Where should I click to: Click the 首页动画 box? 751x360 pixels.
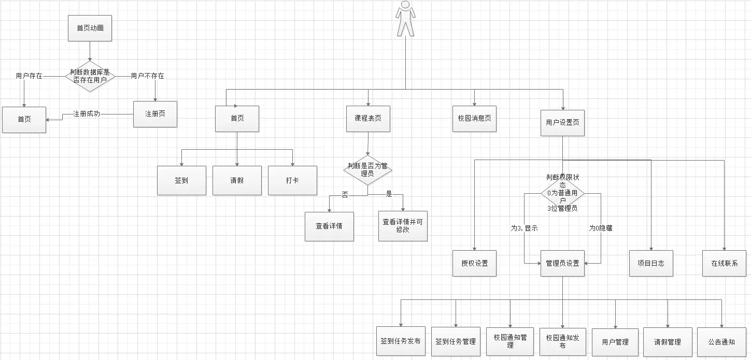coord(90,28)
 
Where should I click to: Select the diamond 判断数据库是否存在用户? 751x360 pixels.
coord(90,76)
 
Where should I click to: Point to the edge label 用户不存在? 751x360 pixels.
coord(147,76)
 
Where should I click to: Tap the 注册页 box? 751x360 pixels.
coord(155,114)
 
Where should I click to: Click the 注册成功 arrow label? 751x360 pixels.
coord(87,114)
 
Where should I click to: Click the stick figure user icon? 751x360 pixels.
coord(405,19)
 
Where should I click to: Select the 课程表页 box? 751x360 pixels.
coord(368,119)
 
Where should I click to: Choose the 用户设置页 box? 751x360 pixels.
coord(562,123)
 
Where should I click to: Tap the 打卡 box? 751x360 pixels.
coord(292,180)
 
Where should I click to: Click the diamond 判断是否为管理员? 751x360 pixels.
coord(368,170)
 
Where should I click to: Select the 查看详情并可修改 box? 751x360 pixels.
coord(403,225)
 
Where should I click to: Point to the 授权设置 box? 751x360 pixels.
coord(474,263)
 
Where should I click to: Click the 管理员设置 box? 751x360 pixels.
coord(562,263)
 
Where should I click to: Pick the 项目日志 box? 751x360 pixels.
coord(651,263)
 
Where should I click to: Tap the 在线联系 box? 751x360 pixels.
coord(724,263)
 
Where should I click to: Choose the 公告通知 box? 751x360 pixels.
coord(721,342)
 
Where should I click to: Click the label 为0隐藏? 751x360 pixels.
coord(600,228)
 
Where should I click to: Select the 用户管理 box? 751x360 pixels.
coord(615,342)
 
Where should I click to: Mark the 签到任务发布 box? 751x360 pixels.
coord(401,341)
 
